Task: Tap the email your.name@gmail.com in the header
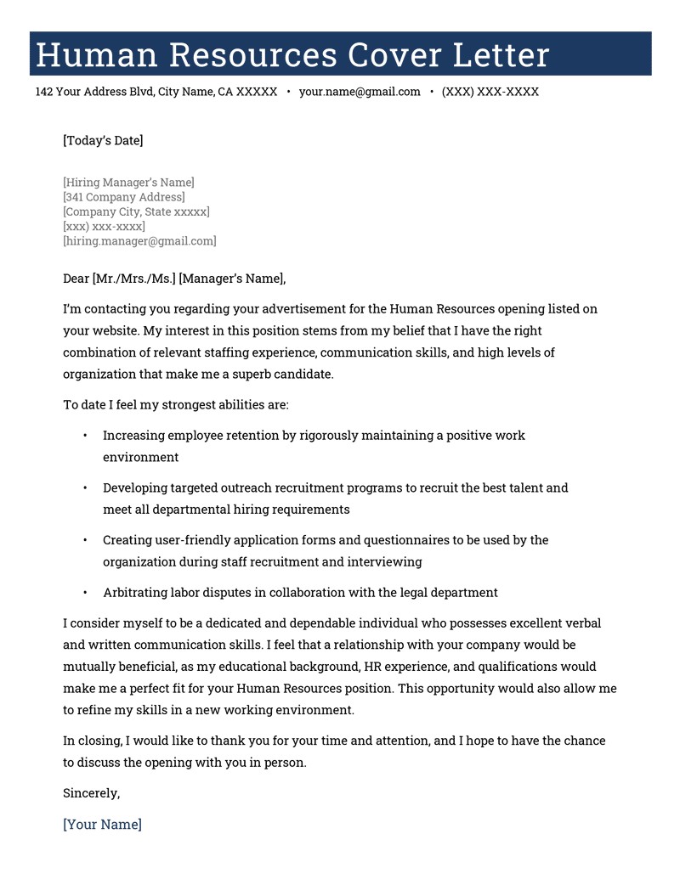pyautogui.click(x=360, y=92)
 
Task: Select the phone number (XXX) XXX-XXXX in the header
pyautogui.click(x=490, y=92)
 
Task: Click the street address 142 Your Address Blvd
pyautogui.click(x=94, y=92)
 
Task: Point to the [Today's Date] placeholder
pyautogui.click(x=103, y=140)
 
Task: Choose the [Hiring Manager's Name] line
pyautogui.click(x=128, y=183)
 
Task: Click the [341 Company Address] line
pyautogui.click(x=123, y=197)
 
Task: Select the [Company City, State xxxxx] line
pyautogui.click(x=136, y=211)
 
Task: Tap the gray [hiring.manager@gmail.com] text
pyautogui.click(x=139, y=241)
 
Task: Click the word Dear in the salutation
pyautogui.click(x=76, y=278)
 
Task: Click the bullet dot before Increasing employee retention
pyautogui.click(x=85, y=436)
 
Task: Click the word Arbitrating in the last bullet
pyautogui.click(x=137, y=593)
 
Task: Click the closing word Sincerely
pyautogui.click(x=91, y=793)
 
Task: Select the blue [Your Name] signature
pyautogui.click(x=102, y=825)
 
